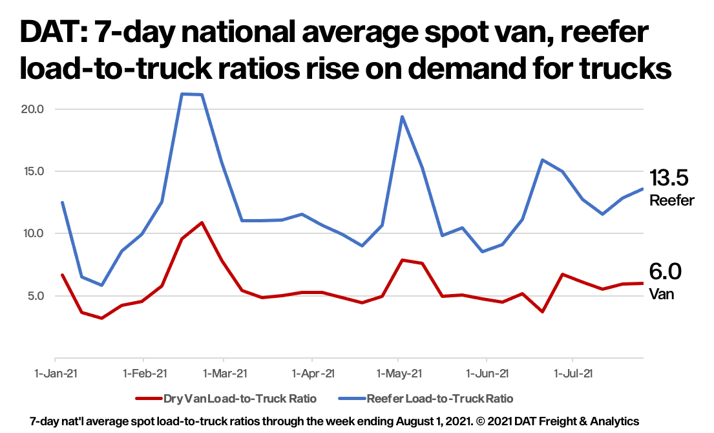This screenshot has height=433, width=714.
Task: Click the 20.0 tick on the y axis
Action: (32, 109)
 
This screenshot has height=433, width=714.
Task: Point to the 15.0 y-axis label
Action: (32, 171)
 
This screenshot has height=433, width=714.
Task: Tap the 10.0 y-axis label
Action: (32, 233)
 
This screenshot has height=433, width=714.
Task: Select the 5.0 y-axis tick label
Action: (34, 296)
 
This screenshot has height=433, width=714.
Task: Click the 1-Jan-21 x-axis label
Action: (56, 373)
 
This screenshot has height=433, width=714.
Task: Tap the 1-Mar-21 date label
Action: (224, 373)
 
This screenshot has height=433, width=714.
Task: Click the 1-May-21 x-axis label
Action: (399, 373)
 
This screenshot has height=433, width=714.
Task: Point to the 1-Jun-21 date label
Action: (486, 373)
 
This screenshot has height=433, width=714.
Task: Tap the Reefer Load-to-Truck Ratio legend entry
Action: (440, 398)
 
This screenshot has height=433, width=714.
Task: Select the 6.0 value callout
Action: (665, 272)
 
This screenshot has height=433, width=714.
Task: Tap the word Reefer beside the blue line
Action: (671, 200)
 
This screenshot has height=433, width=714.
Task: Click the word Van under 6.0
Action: (661, 294)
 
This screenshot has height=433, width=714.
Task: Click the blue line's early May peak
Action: (402, 117)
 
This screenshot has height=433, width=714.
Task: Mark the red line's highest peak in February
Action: (202, 222)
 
